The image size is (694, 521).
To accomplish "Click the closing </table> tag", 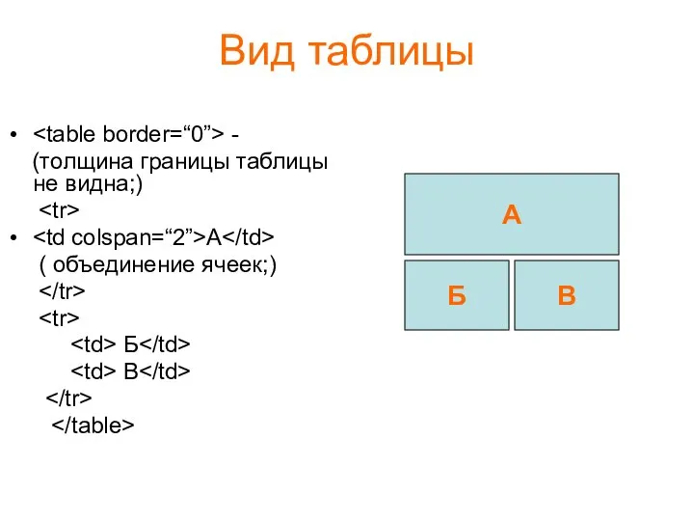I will tap(92, 424).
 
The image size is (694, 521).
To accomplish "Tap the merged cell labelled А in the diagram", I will tap(511, 214).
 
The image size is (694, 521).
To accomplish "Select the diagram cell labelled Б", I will tap(457, 295).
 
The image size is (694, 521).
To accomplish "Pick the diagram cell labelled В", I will tap(567, 295).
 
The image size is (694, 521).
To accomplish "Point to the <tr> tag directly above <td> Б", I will tap(62, 316).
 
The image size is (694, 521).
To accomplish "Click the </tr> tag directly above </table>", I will tap(67, 397).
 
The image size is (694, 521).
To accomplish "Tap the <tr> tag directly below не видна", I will tap(62, 209).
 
